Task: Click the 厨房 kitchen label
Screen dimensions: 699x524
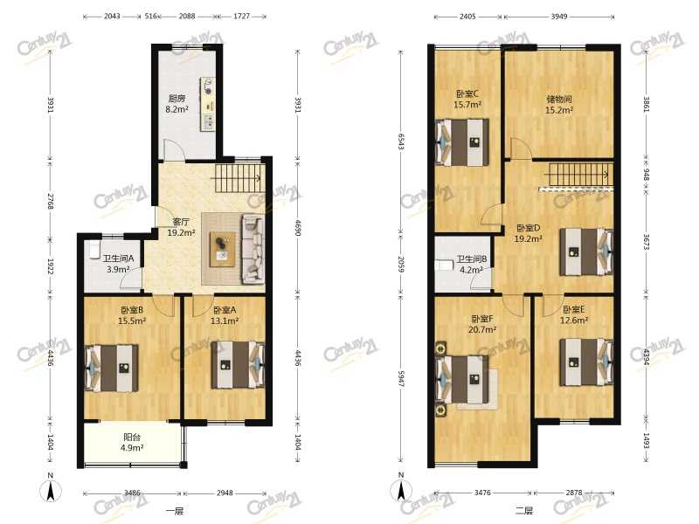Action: click(176, 99)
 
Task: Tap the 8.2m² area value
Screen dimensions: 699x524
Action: click(176, 109)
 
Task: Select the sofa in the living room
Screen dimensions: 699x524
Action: click(253, 249)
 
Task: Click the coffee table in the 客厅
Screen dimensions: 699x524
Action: click(223, 250)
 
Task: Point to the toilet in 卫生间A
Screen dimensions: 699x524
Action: click(94, 250)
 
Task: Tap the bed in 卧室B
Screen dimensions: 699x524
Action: click(112, 369)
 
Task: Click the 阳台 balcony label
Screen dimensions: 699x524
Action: click(132, 438)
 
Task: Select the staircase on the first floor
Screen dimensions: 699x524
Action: click(239, 178)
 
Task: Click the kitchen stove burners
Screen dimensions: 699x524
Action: click(207, 86)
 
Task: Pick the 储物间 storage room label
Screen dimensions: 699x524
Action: click(559, 99)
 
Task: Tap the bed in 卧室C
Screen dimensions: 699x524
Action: click(462, 141)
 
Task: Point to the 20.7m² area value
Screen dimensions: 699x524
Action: click(482, 330)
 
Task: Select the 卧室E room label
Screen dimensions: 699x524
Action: click(574, 309)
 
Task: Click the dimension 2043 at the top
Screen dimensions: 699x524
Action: click(112, 16)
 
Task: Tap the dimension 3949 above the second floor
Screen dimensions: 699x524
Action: click(559, 17)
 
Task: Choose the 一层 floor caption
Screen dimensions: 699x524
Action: click(175, 511)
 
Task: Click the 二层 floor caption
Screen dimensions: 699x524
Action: click(524, 511)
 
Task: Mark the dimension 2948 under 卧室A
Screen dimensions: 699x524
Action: click(225, 493)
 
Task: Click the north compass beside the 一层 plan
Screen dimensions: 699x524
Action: click(51, 489)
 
